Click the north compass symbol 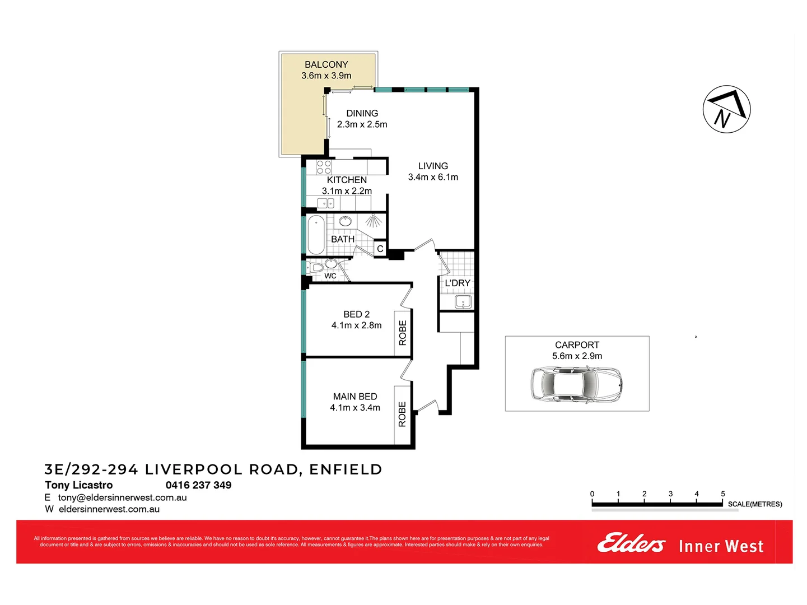tap(726, 109)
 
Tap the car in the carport tap(576, 384)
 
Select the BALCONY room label tap(326, 64)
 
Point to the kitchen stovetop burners tap(324, 167)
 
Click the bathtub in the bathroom tap(316, 235)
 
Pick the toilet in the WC tap(316, 267)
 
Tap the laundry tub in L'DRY tap(463, 302)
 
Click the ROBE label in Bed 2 tap(403, 333)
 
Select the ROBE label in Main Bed tap(402, 415)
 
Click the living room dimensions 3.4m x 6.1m tap(433, 177)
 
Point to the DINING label tap(362, 113)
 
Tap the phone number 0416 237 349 tap(198, 485)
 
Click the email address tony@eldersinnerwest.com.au tap(122, 497)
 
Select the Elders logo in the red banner tap(631, 543)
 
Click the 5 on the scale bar tap(722, 494)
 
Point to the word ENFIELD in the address tap(346, 469)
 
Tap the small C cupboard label tap(380, 249)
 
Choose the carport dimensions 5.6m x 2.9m tap(577, 356)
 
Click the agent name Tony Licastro tap(78, 485)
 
